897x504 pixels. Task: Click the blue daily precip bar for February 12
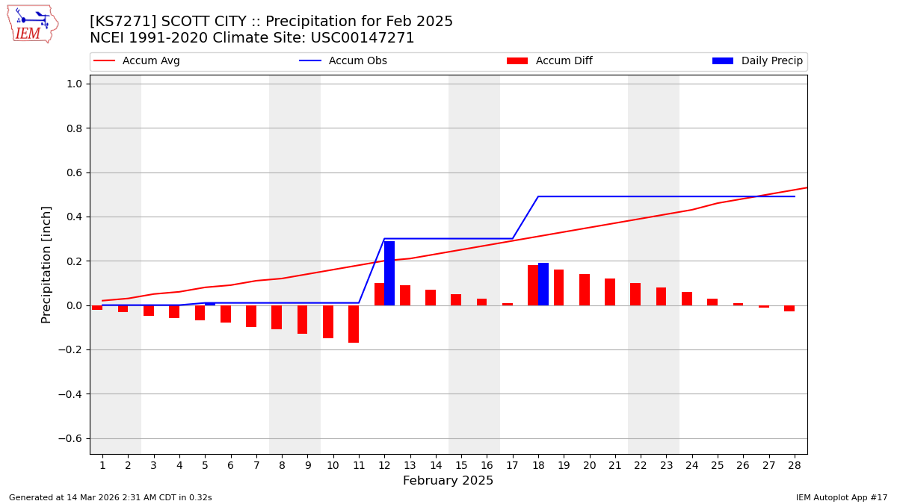[389, 273]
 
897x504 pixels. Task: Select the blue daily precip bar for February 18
[543, 284]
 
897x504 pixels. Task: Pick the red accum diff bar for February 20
[585, 290]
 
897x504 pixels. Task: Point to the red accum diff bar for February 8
[277, 317]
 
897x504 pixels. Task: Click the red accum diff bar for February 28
[789, 308]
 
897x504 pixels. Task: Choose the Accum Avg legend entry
[138, 61]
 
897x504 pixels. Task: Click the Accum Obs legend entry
[344, 61]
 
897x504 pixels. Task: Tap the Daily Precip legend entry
[758, 61]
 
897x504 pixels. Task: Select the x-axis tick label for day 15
[461, 465]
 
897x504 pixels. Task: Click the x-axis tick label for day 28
[795, 465]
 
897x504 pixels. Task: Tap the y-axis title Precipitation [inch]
[46, 264]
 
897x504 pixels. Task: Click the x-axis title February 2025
[449, 481]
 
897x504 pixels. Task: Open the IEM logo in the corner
[32, 24]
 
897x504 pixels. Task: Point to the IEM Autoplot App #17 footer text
[842, 497]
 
